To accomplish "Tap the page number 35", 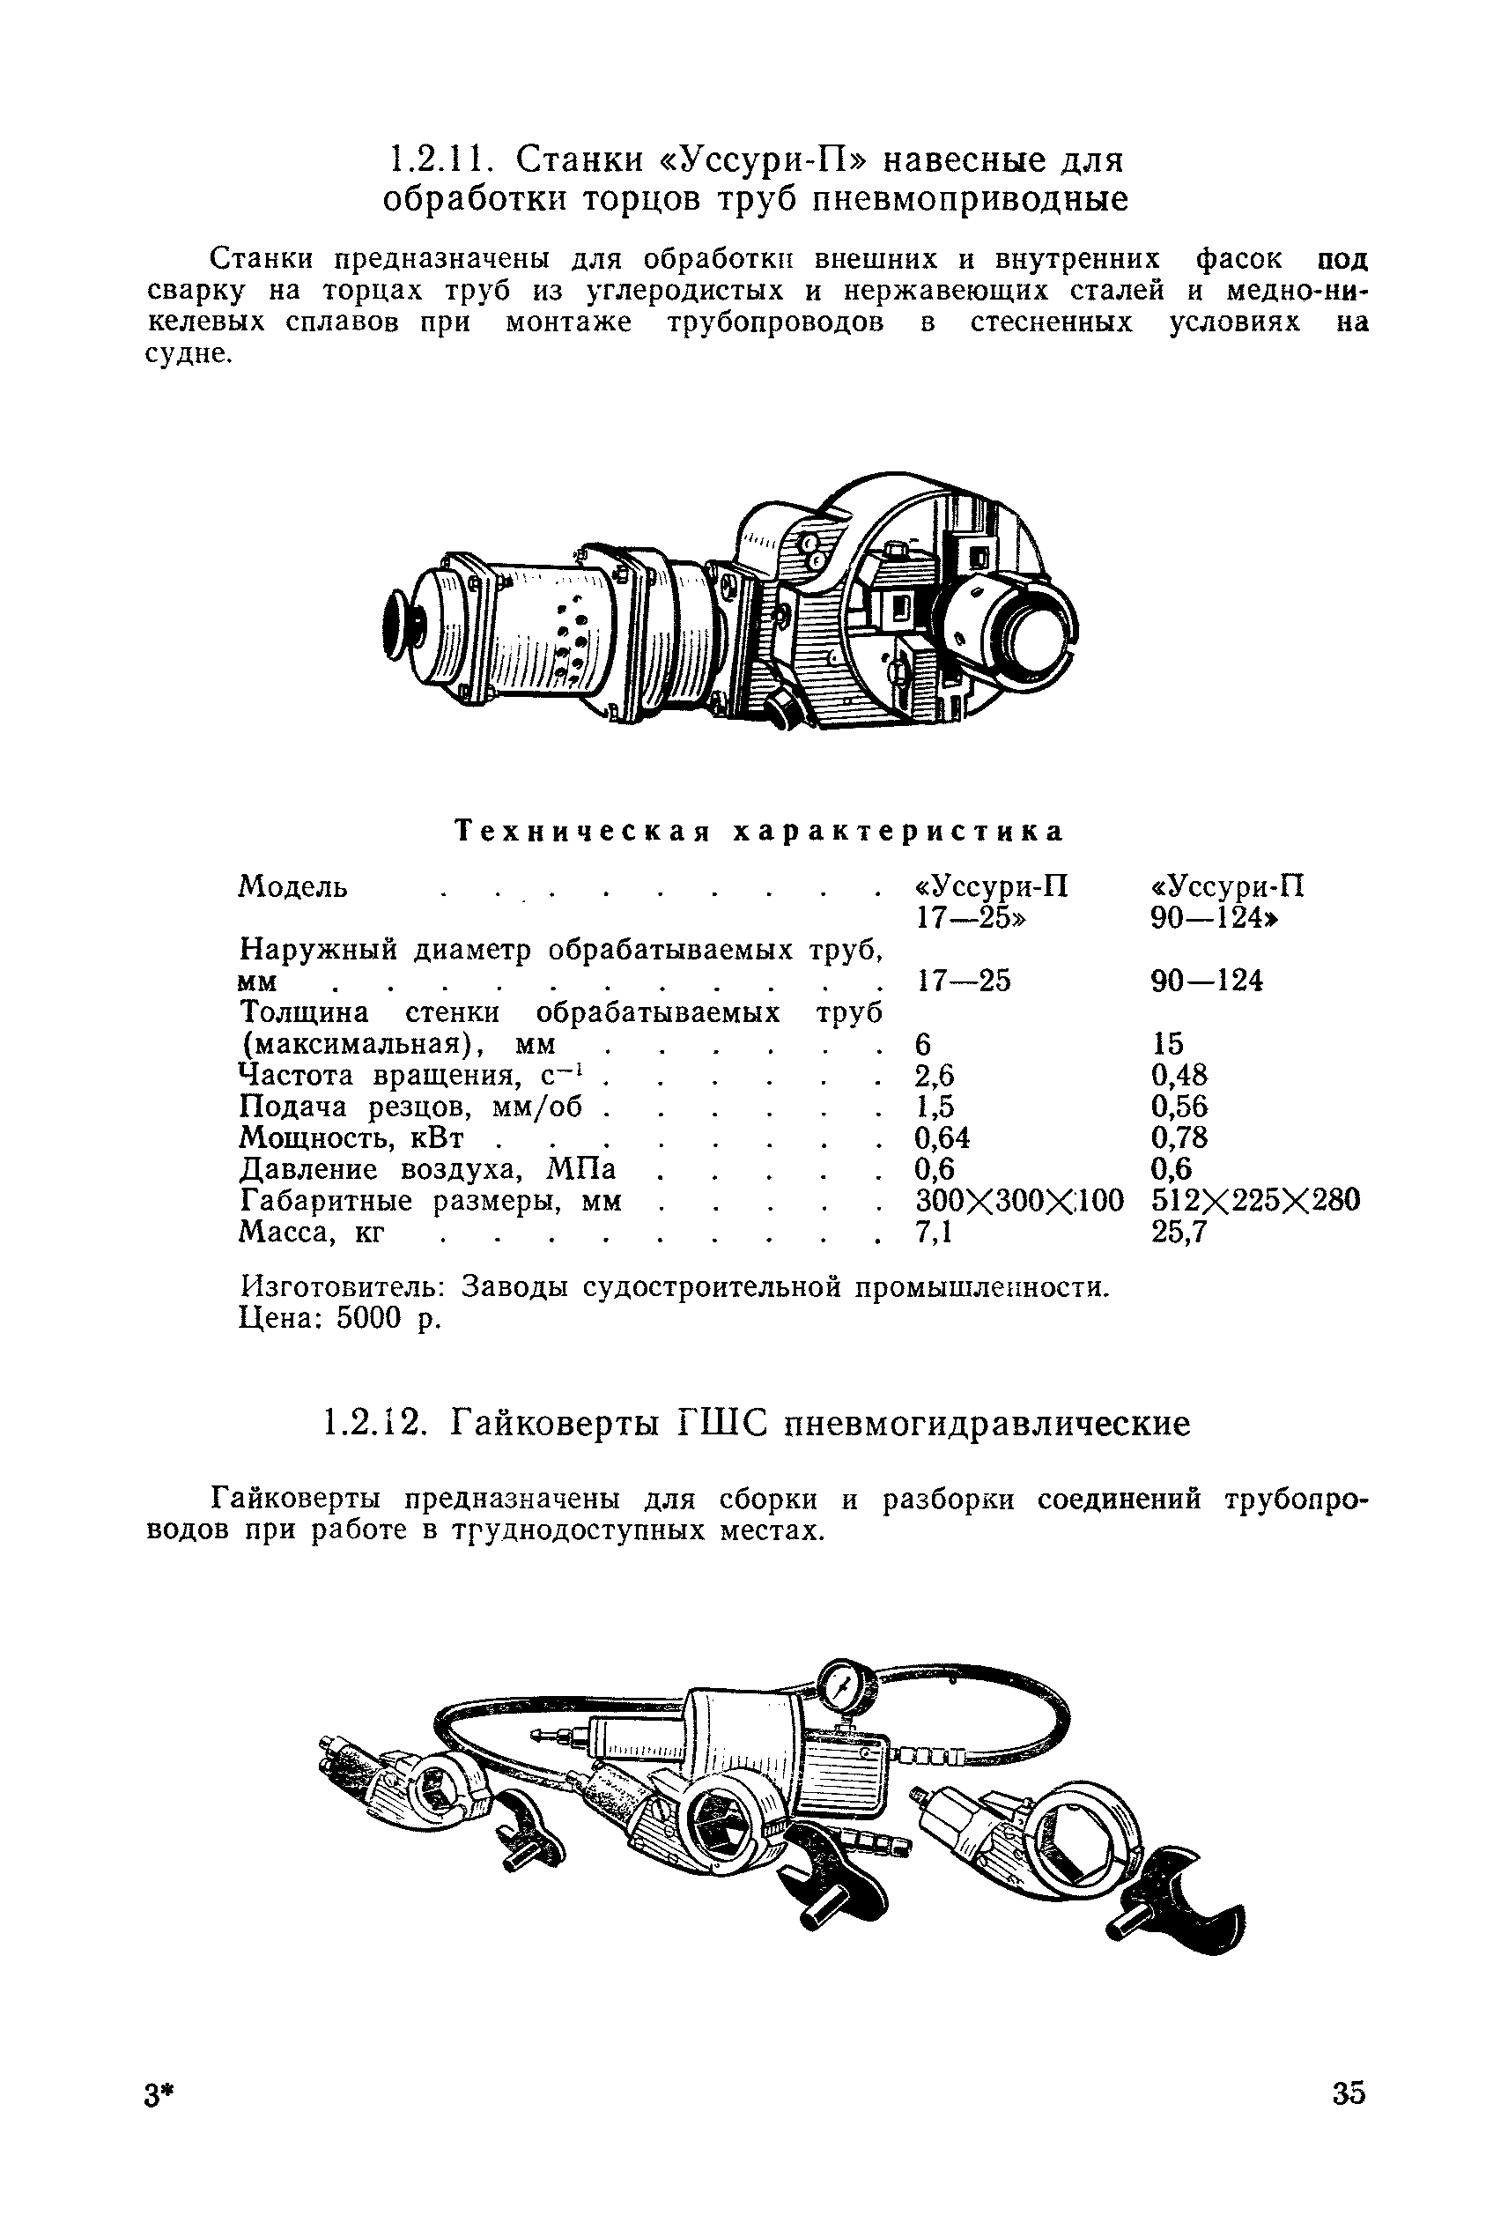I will point(1349,2120).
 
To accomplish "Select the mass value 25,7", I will point(1179,1232).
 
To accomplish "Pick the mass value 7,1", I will point(933,1232).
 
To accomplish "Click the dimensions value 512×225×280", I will point(1255,1200).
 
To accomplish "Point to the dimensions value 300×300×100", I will point(1018,1200).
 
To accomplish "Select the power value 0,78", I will point(1179,1137).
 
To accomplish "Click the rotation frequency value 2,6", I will point(934,1074).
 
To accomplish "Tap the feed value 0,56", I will point(1179,1106).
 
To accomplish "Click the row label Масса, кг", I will point(311,1232).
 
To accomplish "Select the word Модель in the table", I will point(292,885).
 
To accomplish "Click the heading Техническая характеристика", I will point(760,831).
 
